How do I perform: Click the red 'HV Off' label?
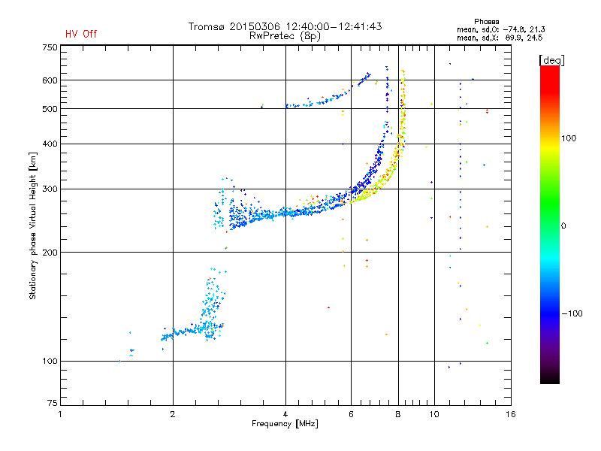click(81, 34)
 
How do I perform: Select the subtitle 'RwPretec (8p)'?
click(285, 36)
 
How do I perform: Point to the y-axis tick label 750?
click(50, 47)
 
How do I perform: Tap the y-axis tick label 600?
click(50, 80)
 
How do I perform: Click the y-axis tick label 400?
click(50, 144)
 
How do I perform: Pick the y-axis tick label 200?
click(50, 253)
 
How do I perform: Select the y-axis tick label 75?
click(53, 403)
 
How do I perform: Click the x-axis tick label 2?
click(173, 414)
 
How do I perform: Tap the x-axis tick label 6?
click(351, 414)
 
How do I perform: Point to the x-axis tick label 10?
click(434, 414)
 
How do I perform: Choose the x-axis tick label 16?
click(511, 414)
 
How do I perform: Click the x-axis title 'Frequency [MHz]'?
click(285, 424)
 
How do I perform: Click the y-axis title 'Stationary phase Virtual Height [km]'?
click(33, 225)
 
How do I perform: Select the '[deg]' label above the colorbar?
click(551, 60)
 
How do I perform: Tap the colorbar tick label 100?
click(569, 138)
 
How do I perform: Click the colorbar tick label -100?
click(572, 313)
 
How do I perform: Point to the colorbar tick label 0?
click(563, 226)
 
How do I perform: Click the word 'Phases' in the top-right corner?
click(486, 22)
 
